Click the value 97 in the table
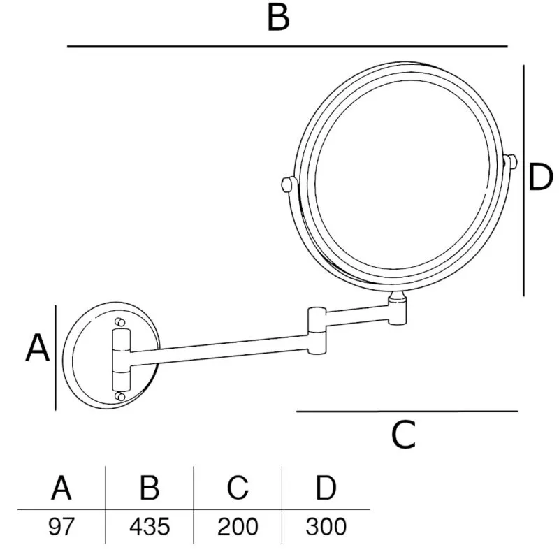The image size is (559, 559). (61, 526)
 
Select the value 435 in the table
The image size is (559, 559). (150, 526)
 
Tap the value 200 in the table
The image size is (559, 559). (238, 526)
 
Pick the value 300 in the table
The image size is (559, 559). (326, 526)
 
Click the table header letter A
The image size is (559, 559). (61, 487)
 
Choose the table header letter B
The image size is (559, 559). (150, 487)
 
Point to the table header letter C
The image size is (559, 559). (238, 487)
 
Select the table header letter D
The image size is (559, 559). (326, 487)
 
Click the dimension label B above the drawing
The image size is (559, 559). (278, 18)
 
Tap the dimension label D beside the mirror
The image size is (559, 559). (540, 177)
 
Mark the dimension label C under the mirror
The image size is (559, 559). (404, 435)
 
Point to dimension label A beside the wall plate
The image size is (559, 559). (37, 348)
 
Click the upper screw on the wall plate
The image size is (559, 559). (120, 322)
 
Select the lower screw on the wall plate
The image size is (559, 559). (120, 396)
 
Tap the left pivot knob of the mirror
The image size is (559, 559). (287, 184)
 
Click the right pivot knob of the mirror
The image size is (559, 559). (511, 162)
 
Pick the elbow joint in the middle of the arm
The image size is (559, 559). (317, 331)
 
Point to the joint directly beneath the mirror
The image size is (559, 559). (398, 308)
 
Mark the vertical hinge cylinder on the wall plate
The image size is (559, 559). (121, 360)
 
